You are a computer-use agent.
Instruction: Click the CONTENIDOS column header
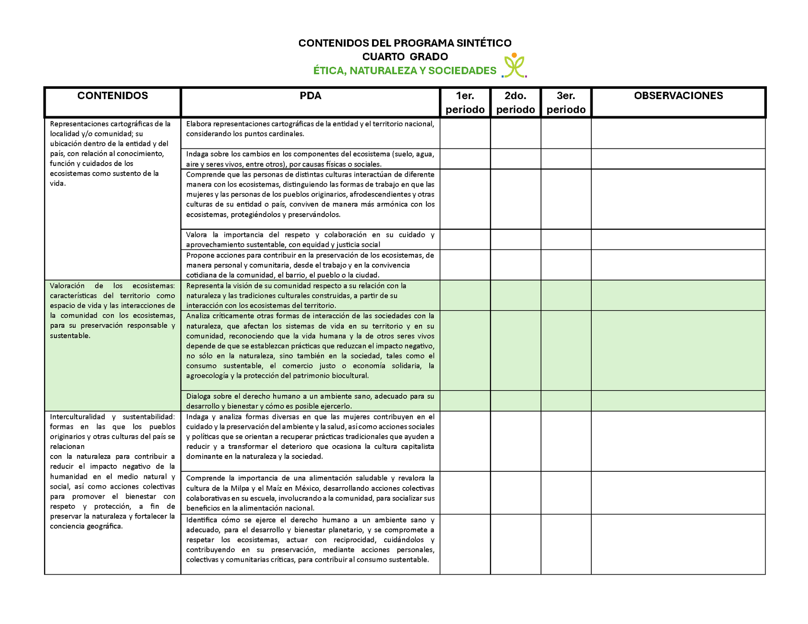pos(113,96)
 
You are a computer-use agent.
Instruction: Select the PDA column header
pos(310,96)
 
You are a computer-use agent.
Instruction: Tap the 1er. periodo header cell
pos(465,102)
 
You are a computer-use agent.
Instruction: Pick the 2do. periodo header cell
pos(515,102)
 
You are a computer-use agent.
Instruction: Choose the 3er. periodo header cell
pos(566,102)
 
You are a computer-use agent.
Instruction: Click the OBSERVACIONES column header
pos(678,96)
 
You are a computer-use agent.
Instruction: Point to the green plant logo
pos(514,66)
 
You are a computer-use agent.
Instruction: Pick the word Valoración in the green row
pos(67,286)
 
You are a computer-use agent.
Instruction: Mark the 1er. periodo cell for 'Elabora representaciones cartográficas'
pos(465,134)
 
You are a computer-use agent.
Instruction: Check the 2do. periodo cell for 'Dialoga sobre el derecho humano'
pos(515,401)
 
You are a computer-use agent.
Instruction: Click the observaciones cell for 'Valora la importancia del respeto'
pos(678,239)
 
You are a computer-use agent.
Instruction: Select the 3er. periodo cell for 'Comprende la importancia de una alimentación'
pos(566,493)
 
